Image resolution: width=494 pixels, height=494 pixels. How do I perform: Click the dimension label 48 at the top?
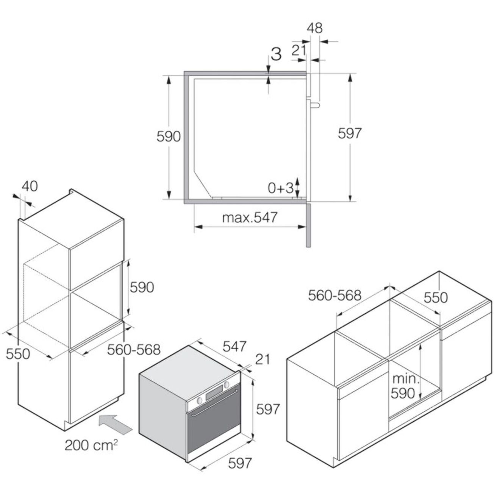(x=315, y=28)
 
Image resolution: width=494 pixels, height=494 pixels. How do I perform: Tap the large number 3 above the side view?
(x=276, y=54)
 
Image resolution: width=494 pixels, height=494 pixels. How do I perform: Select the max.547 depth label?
(x=250, y=218)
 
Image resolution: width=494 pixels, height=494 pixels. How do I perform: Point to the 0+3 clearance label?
(x=281, y=188)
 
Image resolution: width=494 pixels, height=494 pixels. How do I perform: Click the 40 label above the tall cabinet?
(x=30, y=186)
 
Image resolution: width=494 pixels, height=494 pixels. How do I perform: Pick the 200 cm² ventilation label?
(x=91, y=445)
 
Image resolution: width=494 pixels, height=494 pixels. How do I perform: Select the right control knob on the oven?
(x=227, y=385)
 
